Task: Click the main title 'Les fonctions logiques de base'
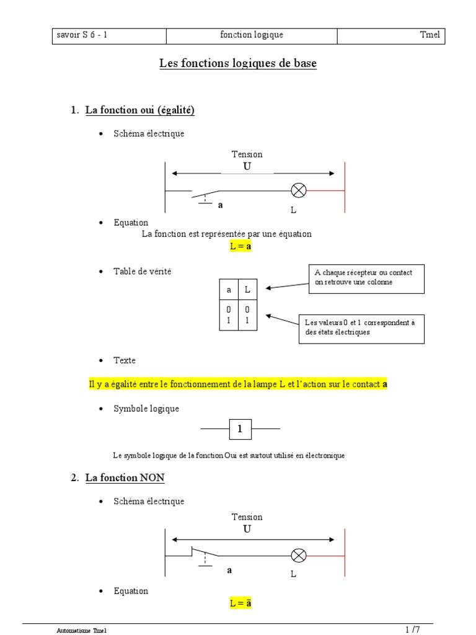pyautogui.click(x=238, y=63)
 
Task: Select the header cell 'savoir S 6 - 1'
pyautogui.click(x=82, y=35)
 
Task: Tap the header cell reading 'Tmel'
pyautogui.click(x=429, y=35)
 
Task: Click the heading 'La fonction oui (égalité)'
pyautogui.click(x=139, y=110)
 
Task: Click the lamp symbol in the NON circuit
pyautogui.click(x=299, y=555)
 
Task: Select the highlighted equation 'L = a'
pyautogui.click(x=240, y=246)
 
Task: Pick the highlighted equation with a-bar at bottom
pyautogui.click(x=240, y=603)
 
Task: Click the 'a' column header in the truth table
pyautogui.click(x=229, y=289)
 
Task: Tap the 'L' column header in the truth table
pyautogui.click(x=247, y=289)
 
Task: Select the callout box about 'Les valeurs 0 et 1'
pyautogui.click(x=363, y=327)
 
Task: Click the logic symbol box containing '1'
pyautogui.click(x=240, y=429)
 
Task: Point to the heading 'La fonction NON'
pyautogui.click(x=125, y=478)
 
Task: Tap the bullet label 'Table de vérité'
pyautogui.click(x=142, y=271)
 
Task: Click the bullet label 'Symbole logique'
pyautogui.click(x=146, y=409)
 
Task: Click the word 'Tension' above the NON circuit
pyautogui.click(x=247, y=517)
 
